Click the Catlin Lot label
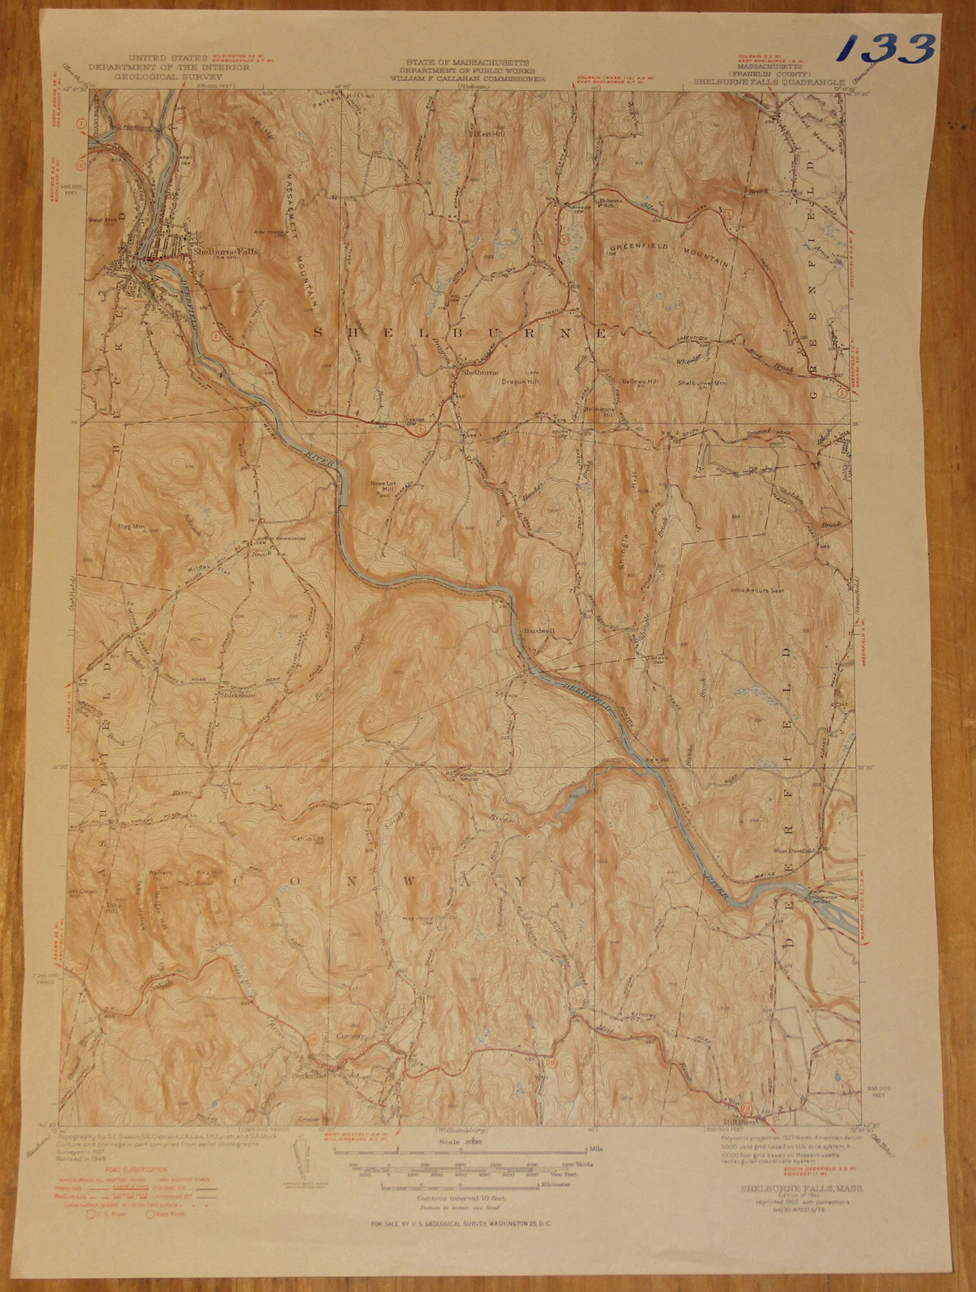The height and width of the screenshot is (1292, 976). [x=300, y=839]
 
